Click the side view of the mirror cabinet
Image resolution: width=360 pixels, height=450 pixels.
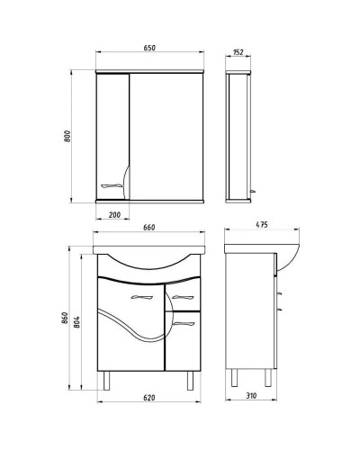point(238,135)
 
